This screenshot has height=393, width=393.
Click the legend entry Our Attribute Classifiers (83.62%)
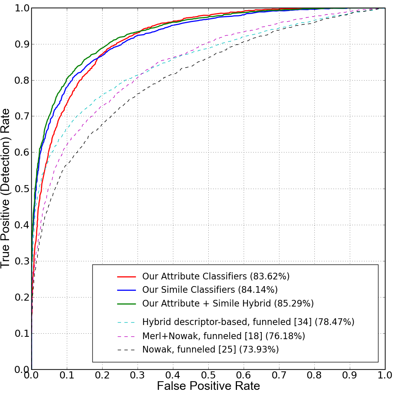[216, 276]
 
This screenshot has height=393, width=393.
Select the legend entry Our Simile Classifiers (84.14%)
[210, 290]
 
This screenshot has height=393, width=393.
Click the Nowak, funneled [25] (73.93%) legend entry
[210, 349]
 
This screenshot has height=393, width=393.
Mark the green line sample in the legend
[126, 304]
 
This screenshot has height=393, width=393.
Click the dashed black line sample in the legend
[126, 349]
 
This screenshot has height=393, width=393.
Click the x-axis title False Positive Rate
[208, 386]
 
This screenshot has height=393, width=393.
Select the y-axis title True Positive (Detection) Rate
[6, 189]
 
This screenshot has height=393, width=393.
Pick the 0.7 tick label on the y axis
[18, 116]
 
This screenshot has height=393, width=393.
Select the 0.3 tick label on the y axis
[18, 261]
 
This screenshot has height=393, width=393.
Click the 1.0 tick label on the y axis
[18, 8]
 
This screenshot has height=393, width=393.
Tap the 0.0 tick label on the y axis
[18, 369]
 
